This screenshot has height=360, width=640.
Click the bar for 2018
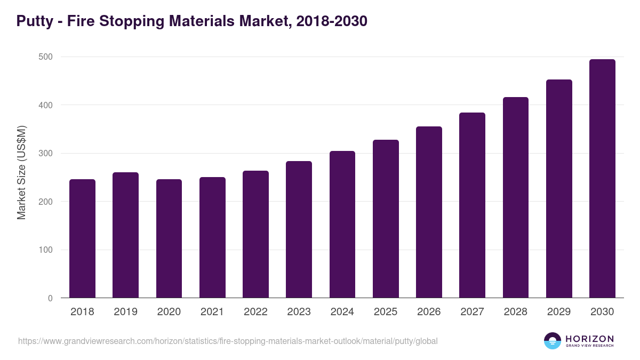82,238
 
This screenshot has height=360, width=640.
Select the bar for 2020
169,238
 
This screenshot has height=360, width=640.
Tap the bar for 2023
299,229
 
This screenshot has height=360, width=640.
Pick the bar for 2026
429,212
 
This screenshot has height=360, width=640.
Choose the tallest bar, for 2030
602,179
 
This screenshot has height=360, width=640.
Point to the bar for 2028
515,197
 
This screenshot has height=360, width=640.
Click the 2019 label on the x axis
125,312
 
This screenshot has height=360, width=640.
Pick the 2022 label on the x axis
255,312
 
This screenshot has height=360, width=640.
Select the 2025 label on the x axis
386,312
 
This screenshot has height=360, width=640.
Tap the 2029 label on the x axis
559,312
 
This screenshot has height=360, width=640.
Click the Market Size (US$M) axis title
21,172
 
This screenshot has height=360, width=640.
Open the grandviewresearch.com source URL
228,341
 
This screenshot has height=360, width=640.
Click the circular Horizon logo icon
553,341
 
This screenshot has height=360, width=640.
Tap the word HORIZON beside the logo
589,339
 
